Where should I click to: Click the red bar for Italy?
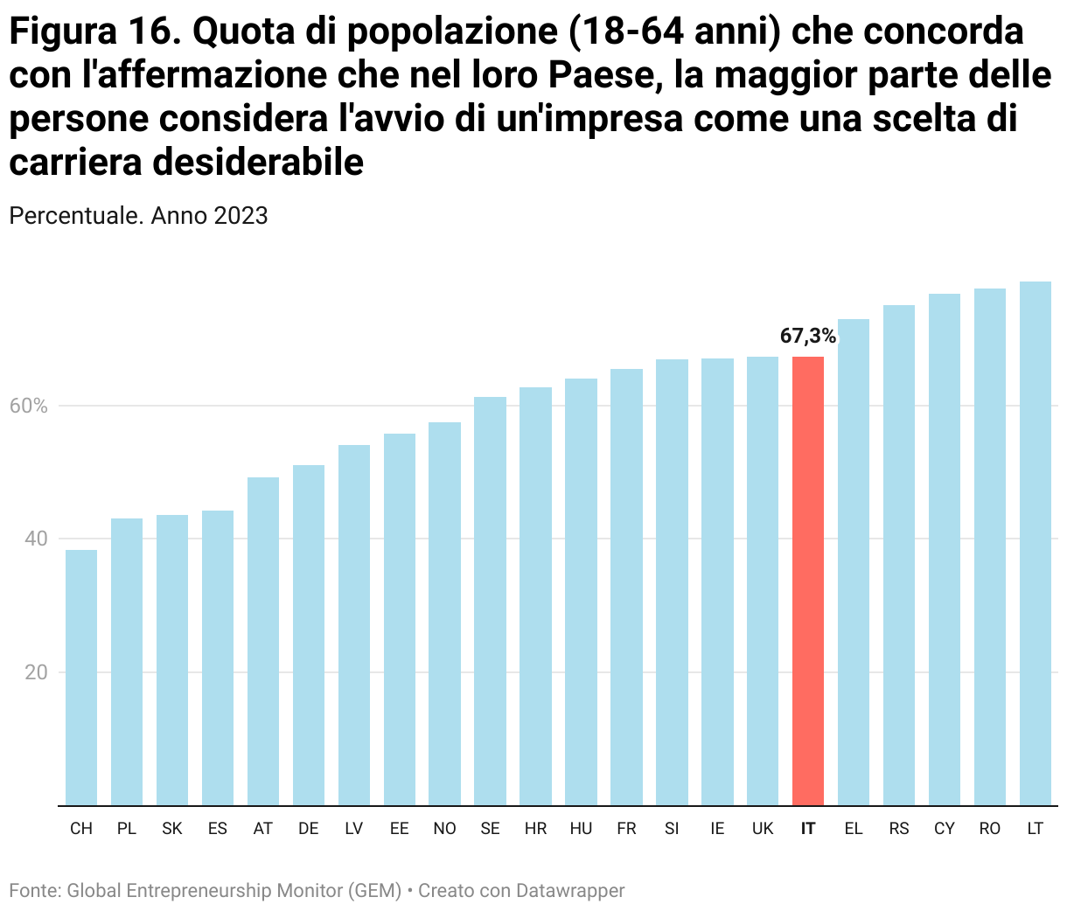click(808, 581)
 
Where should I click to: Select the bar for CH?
click(81, 678)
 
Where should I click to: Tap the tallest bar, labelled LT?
click(1036, 543)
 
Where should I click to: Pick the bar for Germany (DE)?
click(309, 635)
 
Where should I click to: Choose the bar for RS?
click(899, 555)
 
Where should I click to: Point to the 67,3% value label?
click(808, 337)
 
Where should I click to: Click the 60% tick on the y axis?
click(28, 407)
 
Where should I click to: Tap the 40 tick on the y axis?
click(36, 539)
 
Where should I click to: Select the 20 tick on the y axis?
click(36, 673)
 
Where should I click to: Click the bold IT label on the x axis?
click(808, 829)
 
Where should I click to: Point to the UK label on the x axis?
click(763, 829)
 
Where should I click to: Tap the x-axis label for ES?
click(218, 829)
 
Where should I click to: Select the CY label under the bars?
click(945, 829)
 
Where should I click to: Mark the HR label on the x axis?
click(536, 829)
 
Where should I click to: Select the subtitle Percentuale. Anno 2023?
click(138, 216)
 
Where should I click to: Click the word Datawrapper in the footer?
click(570, 891)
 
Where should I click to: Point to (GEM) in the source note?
click(374, 891)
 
